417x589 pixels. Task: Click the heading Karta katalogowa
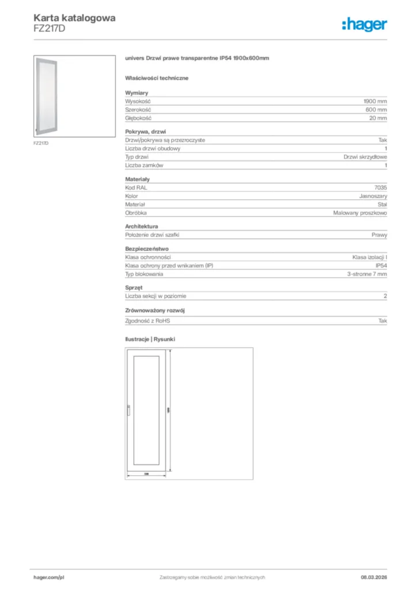74,18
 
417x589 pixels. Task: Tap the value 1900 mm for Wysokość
376,101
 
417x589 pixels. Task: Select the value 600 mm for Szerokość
376,109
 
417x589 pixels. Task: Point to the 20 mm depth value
378,118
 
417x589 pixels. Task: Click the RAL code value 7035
381,188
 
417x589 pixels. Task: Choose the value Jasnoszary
373,196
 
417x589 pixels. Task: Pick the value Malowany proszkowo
360,213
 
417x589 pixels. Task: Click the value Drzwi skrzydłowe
365,157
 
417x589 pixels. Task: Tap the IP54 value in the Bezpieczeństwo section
381,266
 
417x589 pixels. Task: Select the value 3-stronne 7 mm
367,274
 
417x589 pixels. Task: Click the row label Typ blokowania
144,274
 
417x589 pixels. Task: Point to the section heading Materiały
138,179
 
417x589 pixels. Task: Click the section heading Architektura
142,227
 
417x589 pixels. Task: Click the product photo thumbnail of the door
74,96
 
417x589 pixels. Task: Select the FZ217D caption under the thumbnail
41,143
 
